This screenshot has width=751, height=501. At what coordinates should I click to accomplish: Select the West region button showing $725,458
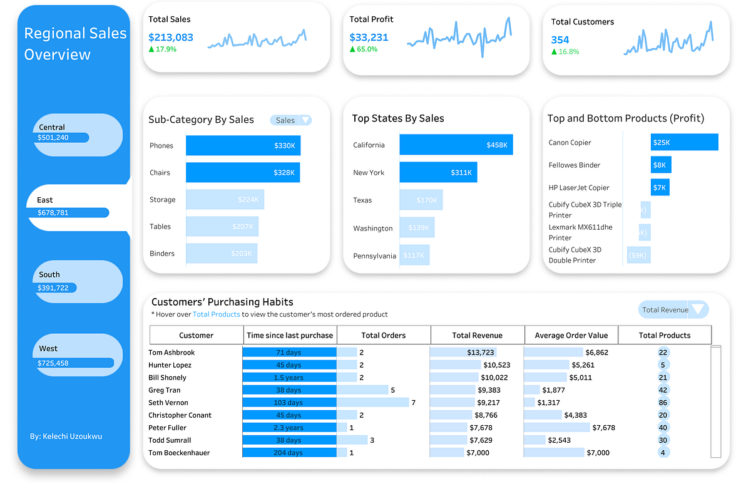coord(75,355)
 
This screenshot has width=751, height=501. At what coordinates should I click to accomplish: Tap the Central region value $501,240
coord(53,138)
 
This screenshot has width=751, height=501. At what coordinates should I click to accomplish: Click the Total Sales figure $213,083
coord(171,38)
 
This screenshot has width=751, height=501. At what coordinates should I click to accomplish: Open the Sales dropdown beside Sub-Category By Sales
coord(291,120)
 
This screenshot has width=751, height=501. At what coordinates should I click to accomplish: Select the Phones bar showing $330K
coord(243,145)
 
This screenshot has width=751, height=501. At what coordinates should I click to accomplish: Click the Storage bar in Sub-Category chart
coord(225,200)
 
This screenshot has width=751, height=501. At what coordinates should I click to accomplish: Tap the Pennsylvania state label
coord(374,256)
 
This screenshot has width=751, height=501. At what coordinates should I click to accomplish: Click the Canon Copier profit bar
coord(684,142)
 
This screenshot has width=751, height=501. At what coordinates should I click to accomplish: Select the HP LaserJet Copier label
coord(578,187)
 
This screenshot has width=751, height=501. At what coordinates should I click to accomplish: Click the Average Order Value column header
coord(571,335)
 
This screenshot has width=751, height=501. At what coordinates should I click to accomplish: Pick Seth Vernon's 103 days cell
coord(289,403)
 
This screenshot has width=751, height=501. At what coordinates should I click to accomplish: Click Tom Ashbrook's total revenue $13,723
coord(480,353)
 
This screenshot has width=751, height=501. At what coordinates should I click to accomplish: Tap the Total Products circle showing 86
coord(663,403)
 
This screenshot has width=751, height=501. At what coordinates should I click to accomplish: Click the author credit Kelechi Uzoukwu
coord(66,436)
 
